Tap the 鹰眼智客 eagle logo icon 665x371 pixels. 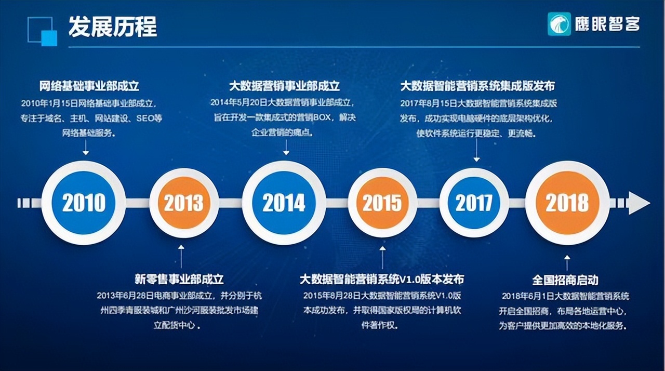pyautogui.click(x=559, y=24)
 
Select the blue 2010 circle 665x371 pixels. pyautogui.click(x=84, y=203)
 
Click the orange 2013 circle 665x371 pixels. pyautogui.click(x=184, y=203)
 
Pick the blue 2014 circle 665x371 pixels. pyautogui.click(x=284, y=203)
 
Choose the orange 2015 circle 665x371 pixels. pyautogui.click(x=382, y=203)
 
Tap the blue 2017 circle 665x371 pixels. pyautogui.click(x=474, y=203)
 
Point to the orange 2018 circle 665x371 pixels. pyautogui.click(x=567, y=203)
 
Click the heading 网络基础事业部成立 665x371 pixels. pyautogui.click(x=89, y=85)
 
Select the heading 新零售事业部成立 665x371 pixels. pyautogui.click(x=179, y=279)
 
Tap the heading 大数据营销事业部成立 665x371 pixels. pyautogui.click(x=285, y=85)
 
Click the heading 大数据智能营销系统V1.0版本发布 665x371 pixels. pyautogui.click(x=382, y=279)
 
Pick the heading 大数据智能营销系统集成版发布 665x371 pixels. pyautogui.click(x=477, y=85)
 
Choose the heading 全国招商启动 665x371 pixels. pyautogui.click(x=565, y=280)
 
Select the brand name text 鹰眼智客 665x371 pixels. pyautogui.click(x=608, y=24)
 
